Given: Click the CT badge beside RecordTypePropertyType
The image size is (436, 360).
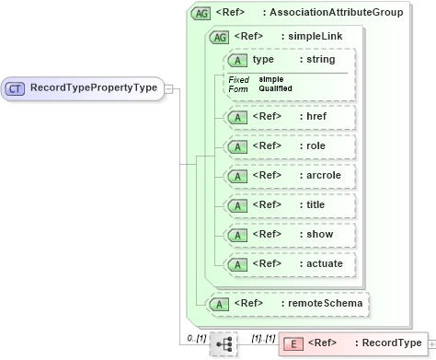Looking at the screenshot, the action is click(x=16, y=88).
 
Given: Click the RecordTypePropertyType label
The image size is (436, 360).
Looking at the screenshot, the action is click(x=92, y=88).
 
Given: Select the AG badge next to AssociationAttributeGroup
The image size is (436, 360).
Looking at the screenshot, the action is click(x=200, y=14).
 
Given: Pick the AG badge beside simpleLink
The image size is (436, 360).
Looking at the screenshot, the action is click(x=219, y=37).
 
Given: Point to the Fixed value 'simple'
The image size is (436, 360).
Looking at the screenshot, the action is click(x=270, y=79).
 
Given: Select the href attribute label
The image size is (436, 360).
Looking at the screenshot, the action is click(x=315, y=117).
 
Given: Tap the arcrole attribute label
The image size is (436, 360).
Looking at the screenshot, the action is click(x=321, y=175).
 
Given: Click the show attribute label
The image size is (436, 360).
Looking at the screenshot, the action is click(x=317, y=234).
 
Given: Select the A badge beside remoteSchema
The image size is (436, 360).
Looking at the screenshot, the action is click(x=219, y=302).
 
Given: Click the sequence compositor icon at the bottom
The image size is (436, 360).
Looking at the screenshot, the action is click(x=223, y=344).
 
